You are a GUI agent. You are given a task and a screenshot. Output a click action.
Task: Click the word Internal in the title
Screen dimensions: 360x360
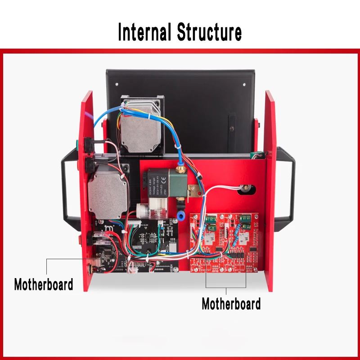[x=145, y=32]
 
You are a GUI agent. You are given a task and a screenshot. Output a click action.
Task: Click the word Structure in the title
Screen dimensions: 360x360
[x=209, y=32]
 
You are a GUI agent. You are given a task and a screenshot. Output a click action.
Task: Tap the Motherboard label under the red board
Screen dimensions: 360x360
[x=231, y=304]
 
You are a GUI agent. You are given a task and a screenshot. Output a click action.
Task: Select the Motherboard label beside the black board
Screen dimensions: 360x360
[x=44, y=284]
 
